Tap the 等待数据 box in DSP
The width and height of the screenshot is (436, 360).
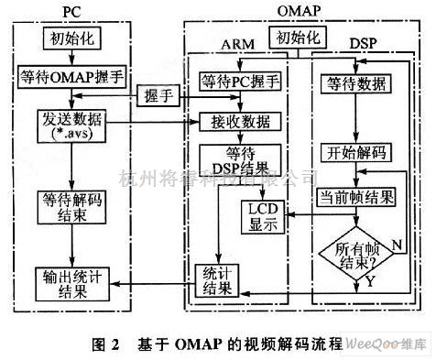pos(355,81)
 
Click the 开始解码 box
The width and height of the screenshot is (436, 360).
pos(354,152)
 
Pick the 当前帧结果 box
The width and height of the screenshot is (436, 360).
pos(355,196)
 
